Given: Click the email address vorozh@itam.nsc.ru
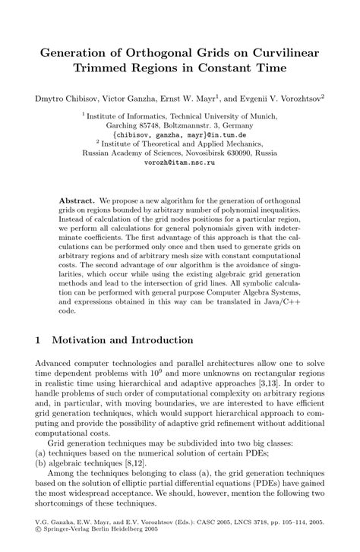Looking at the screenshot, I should point(180,162).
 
